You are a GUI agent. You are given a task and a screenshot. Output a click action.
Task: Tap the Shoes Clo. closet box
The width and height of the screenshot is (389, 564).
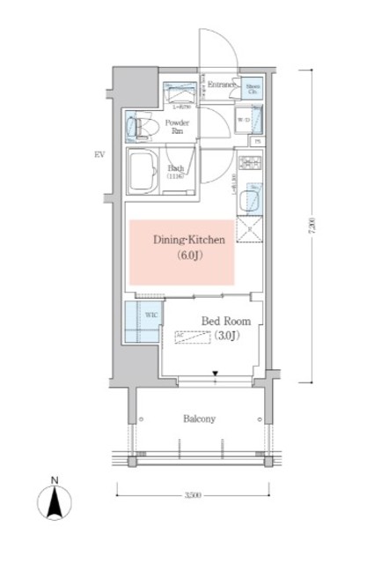(x=253, y=88)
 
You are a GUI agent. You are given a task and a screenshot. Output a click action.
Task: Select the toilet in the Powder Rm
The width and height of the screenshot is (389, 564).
(x=141, y=128)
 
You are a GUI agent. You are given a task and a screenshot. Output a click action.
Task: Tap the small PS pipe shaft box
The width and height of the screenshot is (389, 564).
(x=258, y=142)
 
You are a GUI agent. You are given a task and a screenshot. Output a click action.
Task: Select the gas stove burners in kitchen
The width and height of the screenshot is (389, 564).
(x=253, y=164)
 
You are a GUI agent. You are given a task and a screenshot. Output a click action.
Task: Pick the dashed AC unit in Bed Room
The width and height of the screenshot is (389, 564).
(x=204, y=338)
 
